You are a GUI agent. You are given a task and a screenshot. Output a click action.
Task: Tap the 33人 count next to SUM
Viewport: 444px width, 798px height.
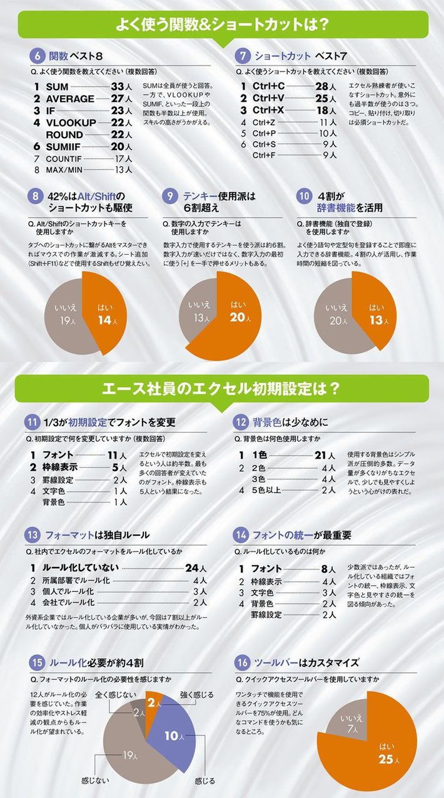click(121, 86)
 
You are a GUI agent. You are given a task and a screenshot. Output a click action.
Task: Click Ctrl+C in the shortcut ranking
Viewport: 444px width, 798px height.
click(268, 86)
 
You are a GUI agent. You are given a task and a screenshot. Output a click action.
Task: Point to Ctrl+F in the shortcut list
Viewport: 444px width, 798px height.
click(263, 155)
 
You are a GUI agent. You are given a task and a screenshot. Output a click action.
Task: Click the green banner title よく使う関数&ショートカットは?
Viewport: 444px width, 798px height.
click(222, 25)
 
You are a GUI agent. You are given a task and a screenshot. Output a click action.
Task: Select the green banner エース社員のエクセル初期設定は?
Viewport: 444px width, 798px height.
click(222, 389)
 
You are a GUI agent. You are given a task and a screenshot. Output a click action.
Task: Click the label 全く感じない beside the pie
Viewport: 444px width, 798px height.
click(115, 694)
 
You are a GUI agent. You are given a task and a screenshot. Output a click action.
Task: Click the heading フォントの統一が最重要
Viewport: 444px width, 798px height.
click(301, 535)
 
